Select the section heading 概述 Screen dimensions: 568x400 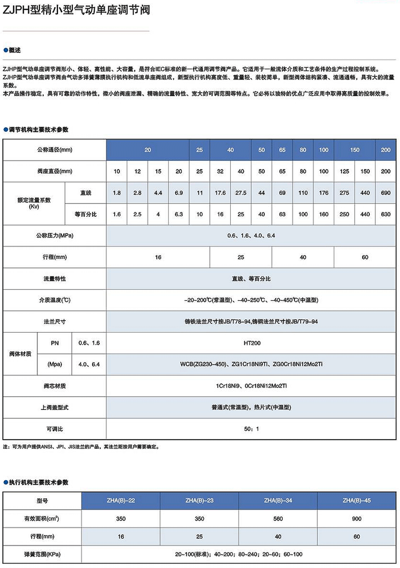pos(15,50)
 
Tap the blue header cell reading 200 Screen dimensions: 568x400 pos(385,150)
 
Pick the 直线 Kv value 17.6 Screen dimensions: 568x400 pos(220,193)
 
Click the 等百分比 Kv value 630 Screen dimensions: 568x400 pos(385,213)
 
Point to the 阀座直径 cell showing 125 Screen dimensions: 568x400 pos(345,172)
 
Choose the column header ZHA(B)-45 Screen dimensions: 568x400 pos(356,500)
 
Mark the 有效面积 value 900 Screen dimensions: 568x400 pos(356,518)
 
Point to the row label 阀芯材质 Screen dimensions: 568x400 pos(55,386)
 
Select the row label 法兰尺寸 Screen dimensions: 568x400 pos(55,321)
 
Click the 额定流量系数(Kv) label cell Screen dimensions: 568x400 pos(34,203)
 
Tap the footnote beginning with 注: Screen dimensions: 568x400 pos(81,447)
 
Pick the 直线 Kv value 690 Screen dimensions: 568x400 pos(385,193)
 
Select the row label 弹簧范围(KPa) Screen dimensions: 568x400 pos(43,554)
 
